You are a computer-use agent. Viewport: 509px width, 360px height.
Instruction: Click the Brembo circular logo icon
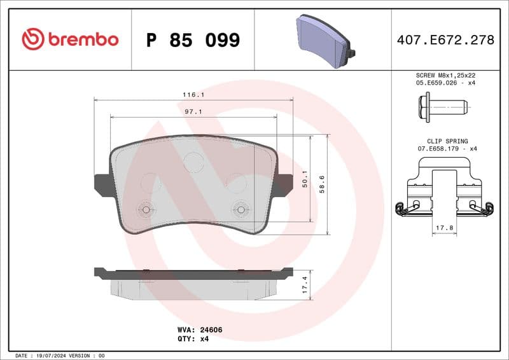tap(32, 39)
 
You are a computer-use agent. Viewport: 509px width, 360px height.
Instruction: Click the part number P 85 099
tap(193, 40)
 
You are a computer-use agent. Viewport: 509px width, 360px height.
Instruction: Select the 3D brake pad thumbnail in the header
tap(324, 39)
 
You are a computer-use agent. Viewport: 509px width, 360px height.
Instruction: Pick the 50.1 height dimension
tap(305, 179)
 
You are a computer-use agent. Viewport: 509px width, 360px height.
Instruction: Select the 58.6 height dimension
tap(323, 184)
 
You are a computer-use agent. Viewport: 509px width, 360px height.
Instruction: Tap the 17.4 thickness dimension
tap(305, 284)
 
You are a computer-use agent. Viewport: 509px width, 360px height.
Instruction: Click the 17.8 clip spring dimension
tap(445, 226)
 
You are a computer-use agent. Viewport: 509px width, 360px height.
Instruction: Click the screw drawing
tap(443, 106)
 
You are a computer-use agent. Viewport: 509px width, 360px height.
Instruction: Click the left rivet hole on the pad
tap(146, 209)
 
